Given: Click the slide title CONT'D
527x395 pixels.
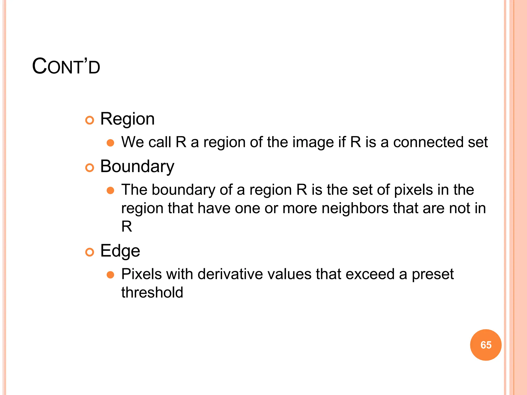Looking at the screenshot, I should [66, 67].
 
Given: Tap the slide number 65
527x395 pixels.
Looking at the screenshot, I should [486, 345].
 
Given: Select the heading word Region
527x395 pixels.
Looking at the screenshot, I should [127, 119].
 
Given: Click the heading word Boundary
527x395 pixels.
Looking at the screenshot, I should [137, 167].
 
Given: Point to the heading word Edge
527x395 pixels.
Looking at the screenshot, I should [120, 251].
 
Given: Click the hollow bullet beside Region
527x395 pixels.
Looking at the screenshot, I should [90, 120].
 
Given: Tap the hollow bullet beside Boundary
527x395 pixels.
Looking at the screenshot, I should [90, 168].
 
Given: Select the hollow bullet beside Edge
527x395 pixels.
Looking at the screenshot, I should [90, 252].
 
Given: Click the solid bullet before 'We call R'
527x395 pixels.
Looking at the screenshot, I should [110, 143].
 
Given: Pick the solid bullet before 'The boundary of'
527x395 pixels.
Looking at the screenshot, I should [110, 191].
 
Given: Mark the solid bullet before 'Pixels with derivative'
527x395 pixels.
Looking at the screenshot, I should [110, 275].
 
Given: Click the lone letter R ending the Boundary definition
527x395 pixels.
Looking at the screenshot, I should [127, 227].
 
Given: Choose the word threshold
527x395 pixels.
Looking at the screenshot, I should [152, 292].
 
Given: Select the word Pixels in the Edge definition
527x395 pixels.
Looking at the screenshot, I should [142, 274].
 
